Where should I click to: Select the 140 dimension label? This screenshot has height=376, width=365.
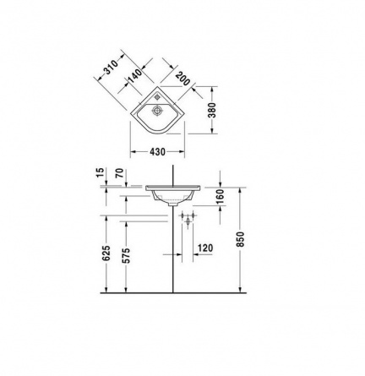tap(135, 76)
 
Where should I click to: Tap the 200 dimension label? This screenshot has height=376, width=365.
tap(182, 79)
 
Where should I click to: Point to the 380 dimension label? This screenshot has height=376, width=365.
tap(213, 110)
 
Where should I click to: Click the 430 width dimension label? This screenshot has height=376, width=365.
tap(157, 152)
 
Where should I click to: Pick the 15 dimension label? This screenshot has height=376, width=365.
tap(101, 172)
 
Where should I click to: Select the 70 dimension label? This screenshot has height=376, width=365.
tap(120, 173)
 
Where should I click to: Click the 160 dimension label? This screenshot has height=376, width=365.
tap(221, 196)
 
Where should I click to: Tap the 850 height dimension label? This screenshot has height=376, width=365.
tap(240, 239)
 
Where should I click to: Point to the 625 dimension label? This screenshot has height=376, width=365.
tap(106, 253)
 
